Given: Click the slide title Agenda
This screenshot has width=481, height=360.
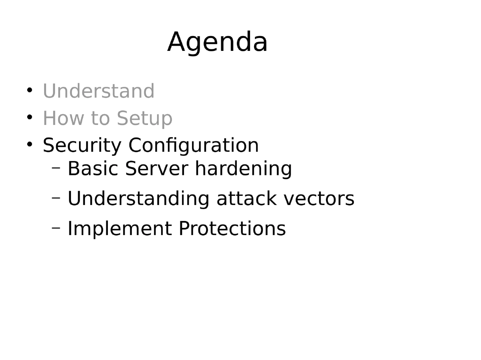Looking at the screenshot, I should [x=217, y=42].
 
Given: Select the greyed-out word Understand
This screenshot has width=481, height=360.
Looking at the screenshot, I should [x=99, y=91].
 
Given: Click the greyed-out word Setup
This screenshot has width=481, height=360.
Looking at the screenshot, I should [x=145, y=119].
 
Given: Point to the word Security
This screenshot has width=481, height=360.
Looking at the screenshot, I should [x=82, y=146].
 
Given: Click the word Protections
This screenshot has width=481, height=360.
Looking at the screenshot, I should [x=232, y=229].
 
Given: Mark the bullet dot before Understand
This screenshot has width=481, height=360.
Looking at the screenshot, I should [x=30, y=90].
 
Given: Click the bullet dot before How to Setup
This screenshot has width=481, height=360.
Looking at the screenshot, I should [x=30, y=117].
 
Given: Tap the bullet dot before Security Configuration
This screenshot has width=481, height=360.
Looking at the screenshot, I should [x=30, y=144].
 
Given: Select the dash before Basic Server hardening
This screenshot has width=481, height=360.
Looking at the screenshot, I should [x=57, y=167].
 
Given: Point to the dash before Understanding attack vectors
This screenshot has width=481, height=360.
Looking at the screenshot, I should [x=57, y=197].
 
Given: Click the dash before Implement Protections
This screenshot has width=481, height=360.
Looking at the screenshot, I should [x=57, y=227].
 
